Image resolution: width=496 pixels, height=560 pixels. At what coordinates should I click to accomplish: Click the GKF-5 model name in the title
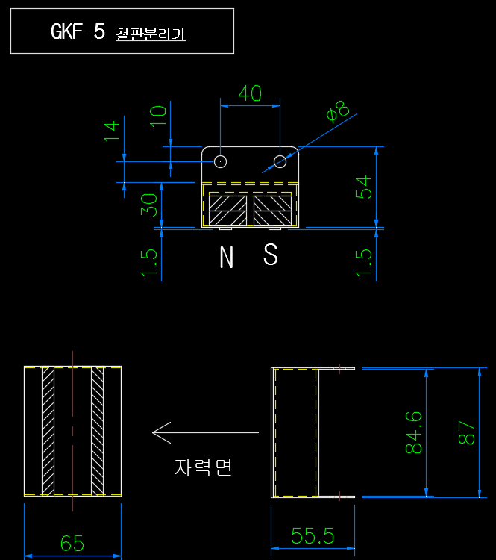pyautogui.click(x=78, y=31)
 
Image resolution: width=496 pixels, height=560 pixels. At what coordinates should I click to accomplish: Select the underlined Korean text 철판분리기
pyautogui.click(x=151, y=34)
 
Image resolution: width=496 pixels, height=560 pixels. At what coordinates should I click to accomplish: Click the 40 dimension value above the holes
pyautogui.click(x=250, y=93)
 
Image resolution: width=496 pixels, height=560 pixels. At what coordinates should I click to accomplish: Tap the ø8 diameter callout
pyautogui.click(x=338, y=111)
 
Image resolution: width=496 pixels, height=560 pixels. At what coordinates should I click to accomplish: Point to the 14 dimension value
pyautogui.click(x=112, y=131)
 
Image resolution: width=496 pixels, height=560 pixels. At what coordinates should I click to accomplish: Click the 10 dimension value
pyautogui.click(x=157, y=116)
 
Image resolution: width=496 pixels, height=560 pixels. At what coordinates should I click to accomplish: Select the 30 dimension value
pyautogui.click(x=149, y=205)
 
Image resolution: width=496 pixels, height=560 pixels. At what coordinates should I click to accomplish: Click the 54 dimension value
pyautogui.click(x=364, y=187)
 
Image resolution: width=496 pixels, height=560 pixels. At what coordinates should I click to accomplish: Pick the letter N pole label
pyautogui.click(x=226, y=257)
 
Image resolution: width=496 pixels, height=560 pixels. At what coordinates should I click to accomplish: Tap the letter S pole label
pyautogui.click(x=271, y=255)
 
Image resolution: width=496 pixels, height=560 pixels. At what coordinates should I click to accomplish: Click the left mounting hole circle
pyautogui.click(x=220, y=161)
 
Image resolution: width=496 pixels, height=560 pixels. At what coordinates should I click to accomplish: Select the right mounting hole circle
pyautogui.click(x=280, y=161)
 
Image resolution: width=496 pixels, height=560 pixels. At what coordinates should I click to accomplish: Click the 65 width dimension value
pyautogui.click(x=72, y=544)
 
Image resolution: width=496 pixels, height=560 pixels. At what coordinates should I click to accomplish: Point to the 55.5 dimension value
pyautogui.click(x=313, y=535)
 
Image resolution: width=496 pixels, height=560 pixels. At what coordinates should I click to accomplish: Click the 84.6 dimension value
pyautogui.click(x=414, y=432)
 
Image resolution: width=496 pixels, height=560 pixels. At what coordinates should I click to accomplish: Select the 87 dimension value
pyautogui.click(x=466, y=432)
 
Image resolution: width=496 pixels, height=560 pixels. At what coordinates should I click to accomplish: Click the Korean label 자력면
pyautogui.click(x=203, y=467)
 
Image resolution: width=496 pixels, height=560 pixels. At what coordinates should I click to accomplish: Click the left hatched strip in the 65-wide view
pyautogui.click(x=48, y=431)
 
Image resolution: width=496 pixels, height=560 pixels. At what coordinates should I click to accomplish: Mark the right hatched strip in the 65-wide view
pyautogui.click(x=98, y=431)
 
